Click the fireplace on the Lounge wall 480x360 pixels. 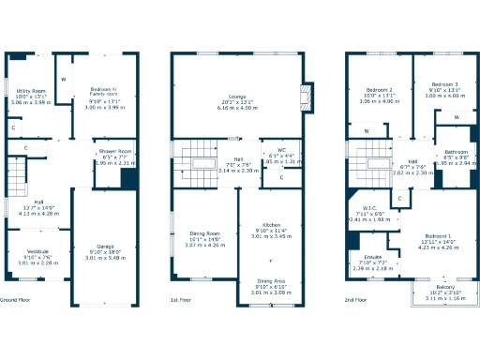pyautogui.click(x=305, y=97)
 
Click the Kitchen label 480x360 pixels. pyautogui.click(x=270, y=225)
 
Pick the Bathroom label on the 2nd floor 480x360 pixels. pyautogui.click(x=457, y=152)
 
